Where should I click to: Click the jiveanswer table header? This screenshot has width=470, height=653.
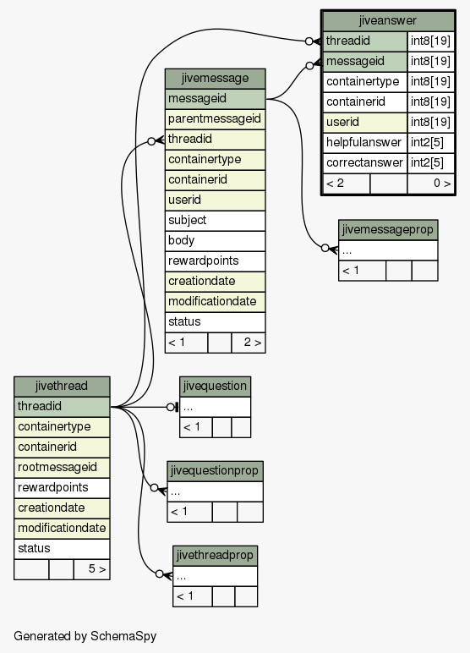387,21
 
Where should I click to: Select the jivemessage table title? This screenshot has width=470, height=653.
215,79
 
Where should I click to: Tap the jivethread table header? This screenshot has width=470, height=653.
62,386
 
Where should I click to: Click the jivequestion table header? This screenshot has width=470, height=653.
215,386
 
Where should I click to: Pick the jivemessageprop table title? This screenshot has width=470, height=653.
387,229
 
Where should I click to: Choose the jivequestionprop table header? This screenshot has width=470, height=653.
215,470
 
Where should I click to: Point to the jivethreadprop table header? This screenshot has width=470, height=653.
215,555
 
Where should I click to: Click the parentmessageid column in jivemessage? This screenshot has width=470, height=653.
215,119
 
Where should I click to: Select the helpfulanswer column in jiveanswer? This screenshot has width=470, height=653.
364,142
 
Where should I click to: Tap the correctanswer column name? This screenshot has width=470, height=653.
364,162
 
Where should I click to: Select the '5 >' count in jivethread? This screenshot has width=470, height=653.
97,569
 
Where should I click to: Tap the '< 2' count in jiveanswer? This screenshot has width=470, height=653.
335,184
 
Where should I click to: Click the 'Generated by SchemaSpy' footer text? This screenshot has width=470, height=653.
85,636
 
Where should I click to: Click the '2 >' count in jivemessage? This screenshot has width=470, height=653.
252,343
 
